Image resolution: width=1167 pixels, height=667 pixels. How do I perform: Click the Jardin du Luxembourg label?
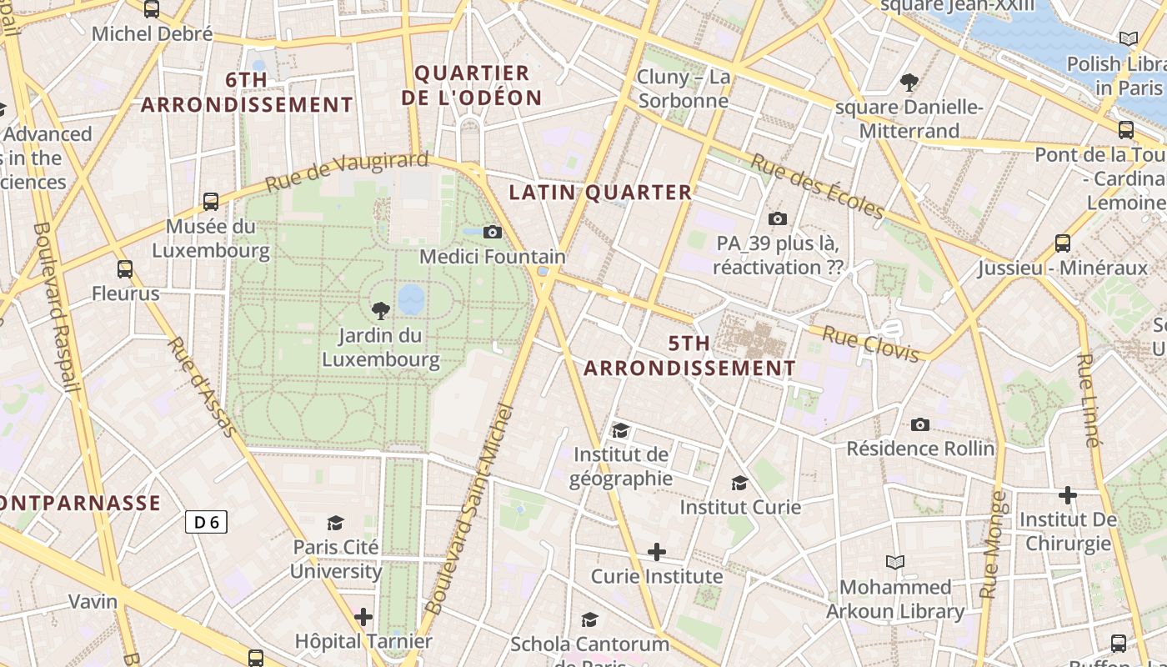381,348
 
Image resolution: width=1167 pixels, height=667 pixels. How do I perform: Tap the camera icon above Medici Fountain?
493,232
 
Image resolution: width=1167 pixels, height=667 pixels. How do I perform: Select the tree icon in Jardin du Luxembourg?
381,311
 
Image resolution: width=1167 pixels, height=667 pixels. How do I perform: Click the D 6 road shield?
206,522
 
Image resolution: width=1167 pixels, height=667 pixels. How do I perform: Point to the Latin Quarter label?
600,193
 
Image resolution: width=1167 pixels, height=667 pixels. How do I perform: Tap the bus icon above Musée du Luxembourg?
211,201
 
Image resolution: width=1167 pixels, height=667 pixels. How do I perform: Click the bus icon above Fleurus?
125,268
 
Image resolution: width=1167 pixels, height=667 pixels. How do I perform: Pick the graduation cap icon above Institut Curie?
739,483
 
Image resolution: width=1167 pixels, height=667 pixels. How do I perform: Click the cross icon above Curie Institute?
657,552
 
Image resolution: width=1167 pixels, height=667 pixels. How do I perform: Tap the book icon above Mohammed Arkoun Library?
895,562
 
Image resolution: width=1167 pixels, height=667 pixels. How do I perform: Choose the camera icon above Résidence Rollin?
920,424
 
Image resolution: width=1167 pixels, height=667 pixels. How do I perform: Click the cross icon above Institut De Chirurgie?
1068,495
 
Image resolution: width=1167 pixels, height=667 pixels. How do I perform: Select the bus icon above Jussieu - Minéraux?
1063,243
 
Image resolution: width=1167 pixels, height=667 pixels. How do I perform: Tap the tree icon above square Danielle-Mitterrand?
909,82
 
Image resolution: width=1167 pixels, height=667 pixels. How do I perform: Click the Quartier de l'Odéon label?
472,85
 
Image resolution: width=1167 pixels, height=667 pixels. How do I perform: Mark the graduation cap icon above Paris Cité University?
336,523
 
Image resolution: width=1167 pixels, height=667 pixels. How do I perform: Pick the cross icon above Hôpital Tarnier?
363,617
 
